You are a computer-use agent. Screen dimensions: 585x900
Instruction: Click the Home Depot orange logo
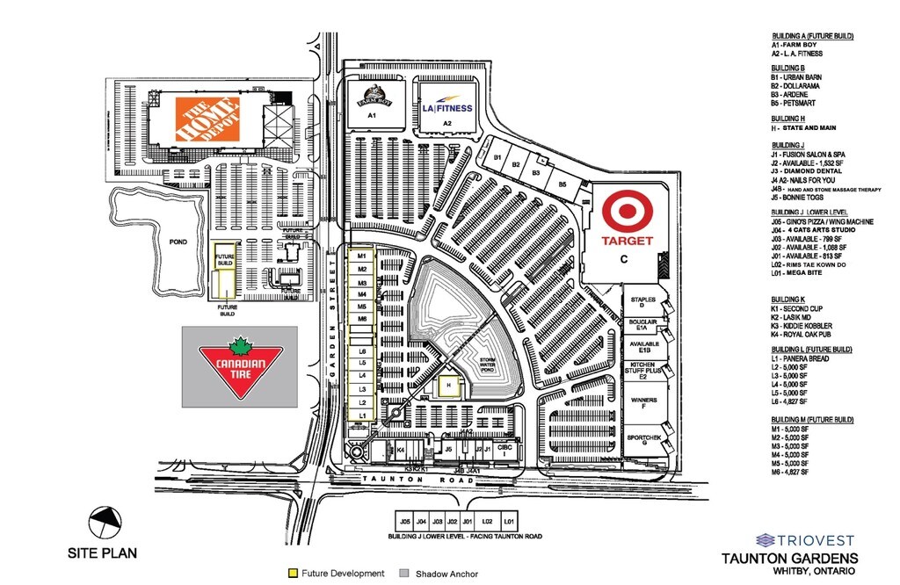(x=208, y=119)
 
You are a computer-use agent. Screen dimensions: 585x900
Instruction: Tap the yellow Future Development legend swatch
(x=292, y=574)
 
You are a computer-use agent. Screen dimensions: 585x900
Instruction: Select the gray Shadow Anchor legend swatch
(x=406, y=574)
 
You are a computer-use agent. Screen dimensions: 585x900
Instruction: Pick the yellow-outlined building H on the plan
(x=448, y=386)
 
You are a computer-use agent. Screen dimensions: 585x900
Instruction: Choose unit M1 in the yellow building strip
(x=361, y=256)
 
